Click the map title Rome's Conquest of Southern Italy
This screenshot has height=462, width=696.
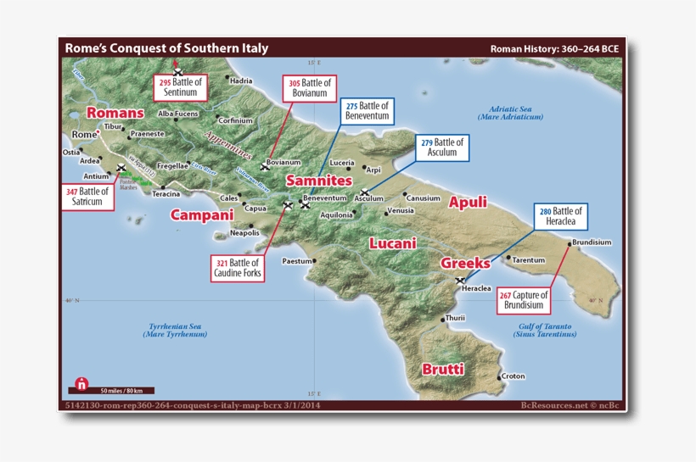click(x=166, y=48)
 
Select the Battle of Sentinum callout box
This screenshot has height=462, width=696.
click(x=181, y=86)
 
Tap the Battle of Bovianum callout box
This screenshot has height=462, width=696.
click(x=310, y=88)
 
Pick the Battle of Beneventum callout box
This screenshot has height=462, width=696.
click(x=368, y=111)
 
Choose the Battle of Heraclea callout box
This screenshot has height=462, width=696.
click(x=561, y=216)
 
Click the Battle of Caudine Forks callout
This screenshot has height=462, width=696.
click(x=239, y=269)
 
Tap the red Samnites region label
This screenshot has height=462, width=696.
click(x=318, y=181)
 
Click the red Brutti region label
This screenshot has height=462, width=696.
click(x=443, y=369)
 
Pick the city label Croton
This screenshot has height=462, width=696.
click(x=513, y=376)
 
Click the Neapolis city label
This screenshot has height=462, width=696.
click(x=244, y=232)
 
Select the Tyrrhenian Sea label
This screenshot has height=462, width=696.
click(x=172, y=331)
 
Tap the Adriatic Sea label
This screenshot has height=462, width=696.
click(x=515, y=113)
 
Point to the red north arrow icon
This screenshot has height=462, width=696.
click(x=81, y=383)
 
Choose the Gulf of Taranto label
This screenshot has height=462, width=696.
click(x=543, y=331)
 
